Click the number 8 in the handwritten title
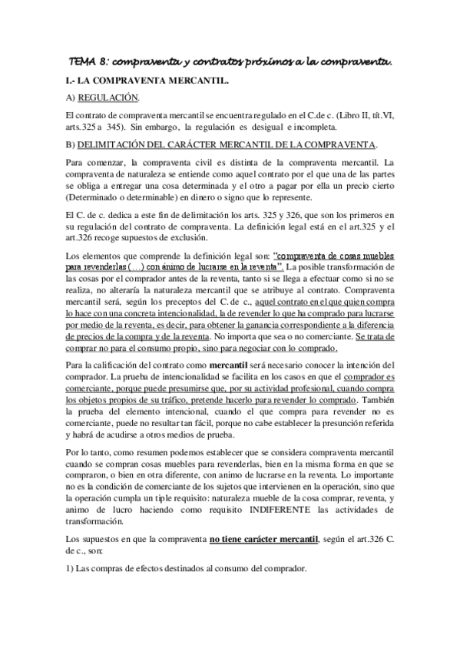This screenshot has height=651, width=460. click(108, 61)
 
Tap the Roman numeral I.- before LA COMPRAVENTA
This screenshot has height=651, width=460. click(71, 80)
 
